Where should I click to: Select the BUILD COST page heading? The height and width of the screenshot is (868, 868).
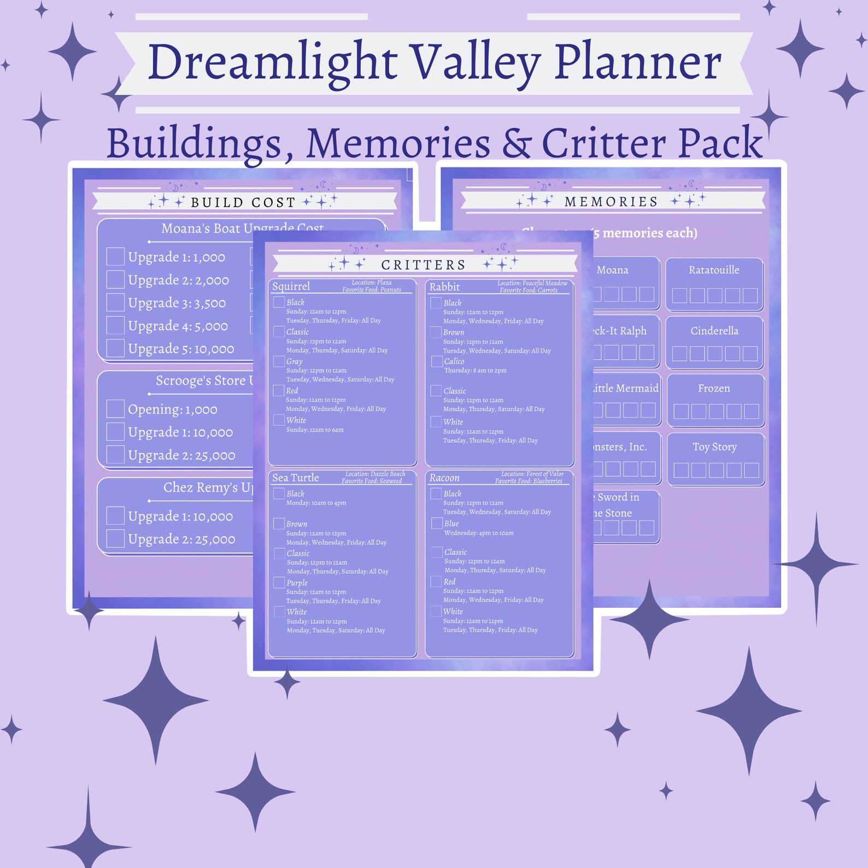[x=243, y=202]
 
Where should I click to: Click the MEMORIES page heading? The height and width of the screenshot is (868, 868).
[x=611, y=202]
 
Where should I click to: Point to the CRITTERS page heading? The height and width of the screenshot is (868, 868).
[x=423, y=265]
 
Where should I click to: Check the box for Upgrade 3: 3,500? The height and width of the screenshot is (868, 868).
[x=115, y=302]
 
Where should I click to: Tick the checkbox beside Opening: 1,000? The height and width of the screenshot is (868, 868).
[x=115, y=409]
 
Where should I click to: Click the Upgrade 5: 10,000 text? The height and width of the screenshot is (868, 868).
[x=181, y=349]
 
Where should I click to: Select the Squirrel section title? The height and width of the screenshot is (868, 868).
[x=291, y=286]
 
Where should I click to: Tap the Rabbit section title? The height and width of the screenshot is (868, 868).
[x=444, y=287]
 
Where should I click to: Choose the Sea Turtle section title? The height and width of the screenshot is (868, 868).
[x=295, y=478]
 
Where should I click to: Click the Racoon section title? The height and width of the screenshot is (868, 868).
[x=444, y=478]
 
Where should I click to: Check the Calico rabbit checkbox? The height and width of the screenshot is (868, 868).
[x=437, y=361]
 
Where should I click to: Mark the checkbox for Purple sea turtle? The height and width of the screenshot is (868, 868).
[x=279, y=583]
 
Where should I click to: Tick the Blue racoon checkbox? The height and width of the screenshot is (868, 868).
[x=437, y=523]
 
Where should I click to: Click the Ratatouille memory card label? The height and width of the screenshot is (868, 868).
[x=714, y=270]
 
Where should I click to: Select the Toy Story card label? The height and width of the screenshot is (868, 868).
[x=714, y=447]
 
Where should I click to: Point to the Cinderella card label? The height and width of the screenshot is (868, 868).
[x=714, y=331]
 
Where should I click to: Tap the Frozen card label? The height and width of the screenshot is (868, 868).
[x=714, y=389]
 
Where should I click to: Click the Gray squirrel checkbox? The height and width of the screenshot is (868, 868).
[x=279, y=361]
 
